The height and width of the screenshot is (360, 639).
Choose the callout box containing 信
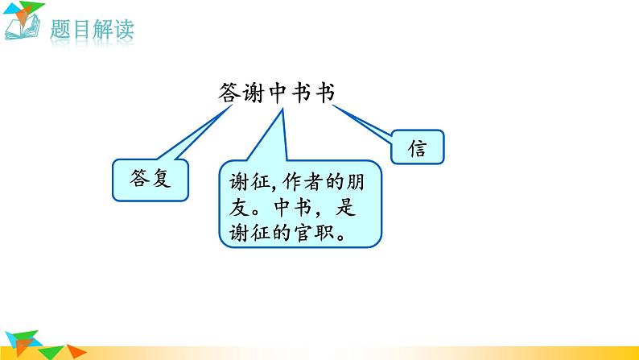tap(417, 149)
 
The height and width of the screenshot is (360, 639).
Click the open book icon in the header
tap(23, 29)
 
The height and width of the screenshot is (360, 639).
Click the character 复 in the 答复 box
tap(160, 178)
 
